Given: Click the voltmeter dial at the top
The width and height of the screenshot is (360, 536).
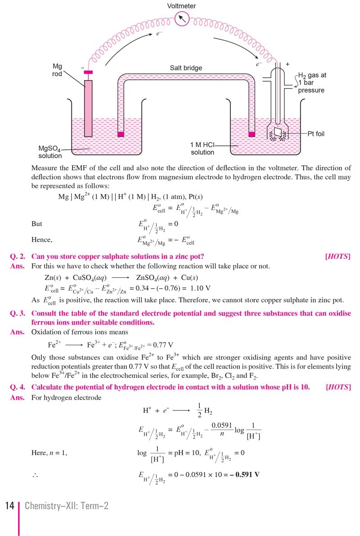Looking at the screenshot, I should pos(181,18).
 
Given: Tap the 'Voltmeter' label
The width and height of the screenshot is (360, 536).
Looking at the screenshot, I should pos(181,6).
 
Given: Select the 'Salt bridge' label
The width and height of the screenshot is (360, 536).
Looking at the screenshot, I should pos(186,68).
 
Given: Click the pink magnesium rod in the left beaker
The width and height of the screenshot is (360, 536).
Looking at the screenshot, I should pos(88,108).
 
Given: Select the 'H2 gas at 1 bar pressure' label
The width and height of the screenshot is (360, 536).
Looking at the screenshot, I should pos(312,83).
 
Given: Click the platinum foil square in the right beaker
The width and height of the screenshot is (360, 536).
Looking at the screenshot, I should pos(278,133).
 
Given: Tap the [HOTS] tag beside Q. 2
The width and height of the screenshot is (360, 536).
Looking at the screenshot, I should pos(337,257).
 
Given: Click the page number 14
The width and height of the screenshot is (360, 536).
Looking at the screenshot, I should pos(9,506).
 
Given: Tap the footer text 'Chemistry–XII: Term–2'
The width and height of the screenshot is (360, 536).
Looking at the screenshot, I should pos(67,506).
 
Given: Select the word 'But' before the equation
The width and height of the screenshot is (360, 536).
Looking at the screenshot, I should pos(37,224).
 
